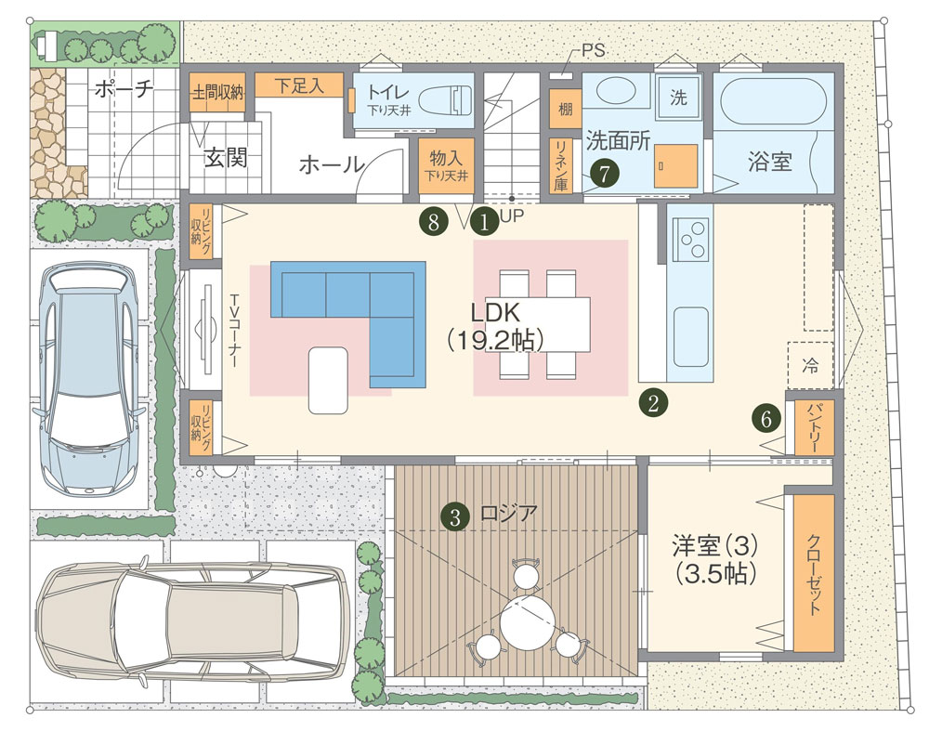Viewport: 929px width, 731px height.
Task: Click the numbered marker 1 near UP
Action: (484, 223)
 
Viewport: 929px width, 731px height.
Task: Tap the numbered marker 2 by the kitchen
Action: (653, 403)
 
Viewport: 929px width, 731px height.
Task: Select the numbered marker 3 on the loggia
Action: (455, 517)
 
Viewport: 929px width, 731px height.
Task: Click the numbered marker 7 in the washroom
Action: (605, 174)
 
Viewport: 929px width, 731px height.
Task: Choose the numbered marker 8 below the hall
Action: (433, 222)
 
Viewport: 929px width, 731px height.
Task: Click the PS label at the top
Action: (593, 50)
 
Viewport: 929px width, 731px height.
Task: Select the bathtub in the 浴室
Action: (769, 97)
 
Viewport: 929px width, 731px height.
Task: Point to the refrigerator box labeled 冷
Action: (810, 365)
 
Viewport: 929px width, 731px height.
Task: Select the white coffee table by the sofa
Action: (328, 380)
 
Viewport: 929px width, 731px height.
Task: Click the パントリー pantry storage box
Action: (814, 426)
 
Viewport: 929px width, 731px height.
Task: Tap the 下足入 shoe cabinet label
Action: (299, 85)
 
